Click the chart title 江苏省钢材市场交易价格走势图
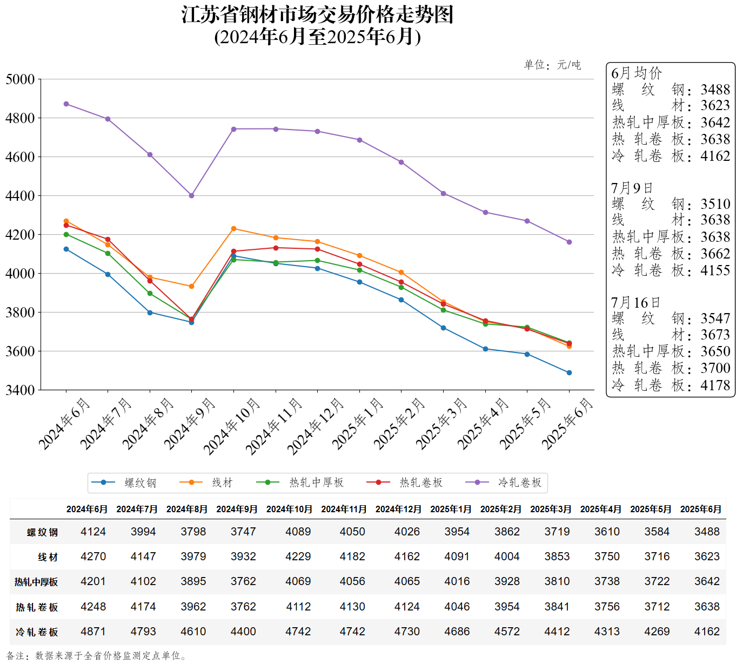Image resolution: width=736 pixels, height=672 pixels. coord(317,15)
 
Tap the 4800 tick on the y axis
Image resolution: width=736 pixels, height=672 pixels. coord(20,118)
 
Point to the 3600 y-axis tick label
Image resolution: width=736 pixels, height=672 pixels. coord(20,351)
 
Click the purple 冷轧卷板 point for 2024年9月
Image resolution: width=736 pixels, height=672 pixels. coord(191,195)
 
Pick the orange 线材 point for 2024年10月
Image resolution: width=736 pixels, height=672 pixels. coord(233,229)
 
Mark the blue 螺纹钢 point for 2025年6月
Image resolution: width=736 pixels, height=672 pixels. coord(569,372)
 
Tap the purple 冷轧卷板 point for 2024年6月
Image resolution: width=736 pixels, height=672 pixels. coord(66,104)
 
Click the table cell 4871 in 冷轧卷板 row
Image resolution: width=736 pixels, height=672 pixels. coord(93,632)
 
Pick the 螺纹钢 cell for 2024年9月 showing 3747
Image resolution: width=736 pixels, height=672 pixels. coord(243,532)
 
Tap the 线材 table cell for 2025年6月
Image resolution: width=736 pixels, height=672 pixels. coord(707,556)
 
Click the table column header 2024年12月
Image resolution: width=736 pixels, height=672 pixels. coord(398,509)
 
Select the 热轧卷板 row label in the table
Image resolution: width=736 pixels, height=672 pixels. coord(37,607)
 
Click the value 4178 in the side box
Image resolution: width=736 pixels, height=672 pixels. coord(715,385)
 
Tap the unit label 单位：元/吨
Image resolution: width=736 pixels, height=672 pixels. coord(552,65)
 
